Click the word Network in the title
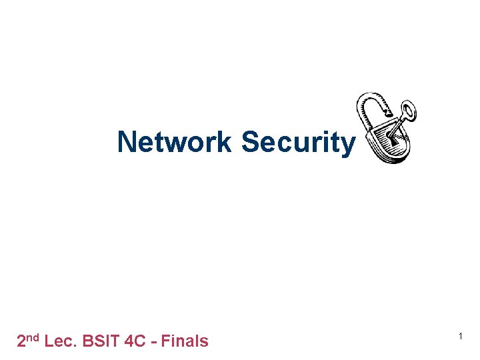[175, 142]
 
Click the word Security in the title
[298, 142]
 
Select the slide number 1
[461, 338]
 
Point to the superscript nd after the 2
[33, 337]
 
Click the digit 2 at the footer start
[21, 341]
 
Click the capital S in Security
[249, 142]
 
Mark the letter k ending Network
[225, 142]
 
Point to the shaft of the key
[398, 125]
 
